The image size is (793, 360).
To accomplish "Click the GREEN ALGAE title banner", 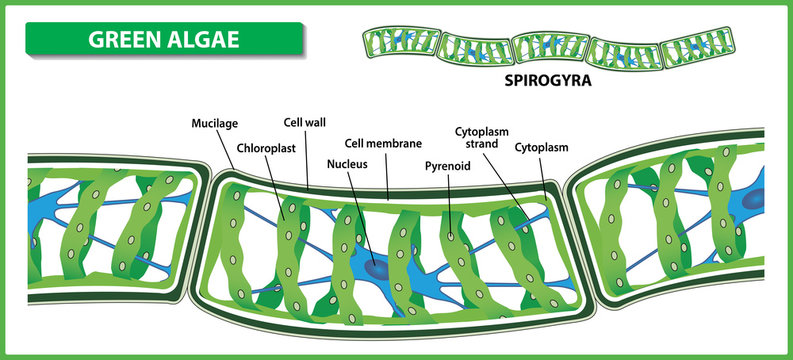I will click(x=165, y=41).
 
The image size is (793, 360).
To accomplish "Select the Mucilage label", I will click(x=215, y=124).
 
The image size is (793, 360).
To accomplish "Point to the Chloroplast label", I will click(x=263, y=148).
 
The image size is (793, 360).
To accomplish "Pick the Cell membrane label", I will click(x=383, y=142).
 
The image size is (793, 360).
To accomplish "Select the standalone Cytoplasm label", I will click(x=542, y=148).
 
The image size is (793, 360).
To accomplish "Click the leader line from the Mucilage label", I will click(x=224, y=151).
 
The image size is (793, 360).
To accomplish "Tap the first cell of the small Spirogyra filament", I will click(x=397, y=46).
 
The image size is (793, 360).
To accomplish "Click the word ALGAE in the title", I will click(x=203, y=41).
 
